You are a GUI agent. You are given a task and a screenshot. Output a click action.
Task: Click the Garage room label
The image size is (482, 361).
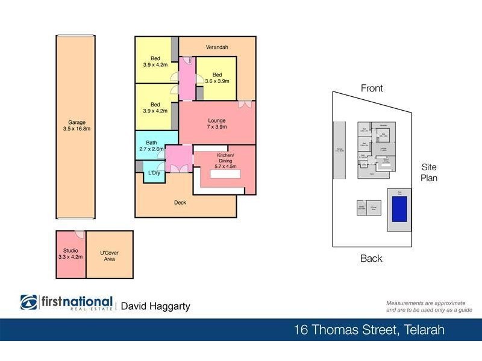pyautogui.click(x=76, y=124)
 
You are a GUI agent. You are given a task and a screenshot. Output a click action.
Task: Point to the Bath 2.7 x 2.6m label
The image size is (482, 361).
pyautogui.click(x=151, y=146)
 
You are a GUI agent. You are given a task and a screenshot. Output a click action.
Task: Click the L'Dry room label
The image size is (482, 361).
pyautogui.click(x=154, y=173)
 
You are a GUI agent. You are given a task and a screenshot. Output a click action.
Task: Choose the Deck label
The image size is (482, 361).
pyautogui.click(x=180, y=203)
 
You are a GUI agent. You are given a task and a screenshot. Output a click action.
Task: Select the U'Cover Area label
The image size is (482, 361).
pyautogui.click(x=109, y=257)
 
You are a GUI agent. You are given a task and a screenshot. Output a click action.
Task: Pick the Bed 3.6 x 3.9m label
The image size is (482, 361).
pyautogui.click(x=217, y=78)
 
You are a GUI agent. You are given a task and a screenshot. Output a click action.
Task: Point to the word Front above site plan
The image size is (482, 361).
pyautogui.click(x=372, y=88)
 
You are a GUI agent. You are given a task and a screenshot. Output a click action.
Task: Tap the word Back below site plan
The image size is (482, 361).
pyautogui.click(x=371, y=259)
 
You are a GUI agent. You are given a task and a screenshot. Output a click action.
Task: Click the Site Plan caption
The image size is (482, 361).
pyautogui.click(x=428, y=172)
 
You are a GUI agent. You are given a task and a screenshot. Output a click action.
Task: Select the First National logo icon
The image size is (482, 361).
pyautogui.click(x=28, y=302)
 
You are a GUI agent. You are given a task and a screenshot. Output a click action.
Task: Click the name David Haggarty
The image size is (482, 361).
pyautogui.click(x=155, y=306)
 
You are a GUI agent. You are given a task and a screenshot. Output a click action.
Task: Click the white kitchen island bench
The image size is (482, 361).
pyautogui.click(x=224, y=174)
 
